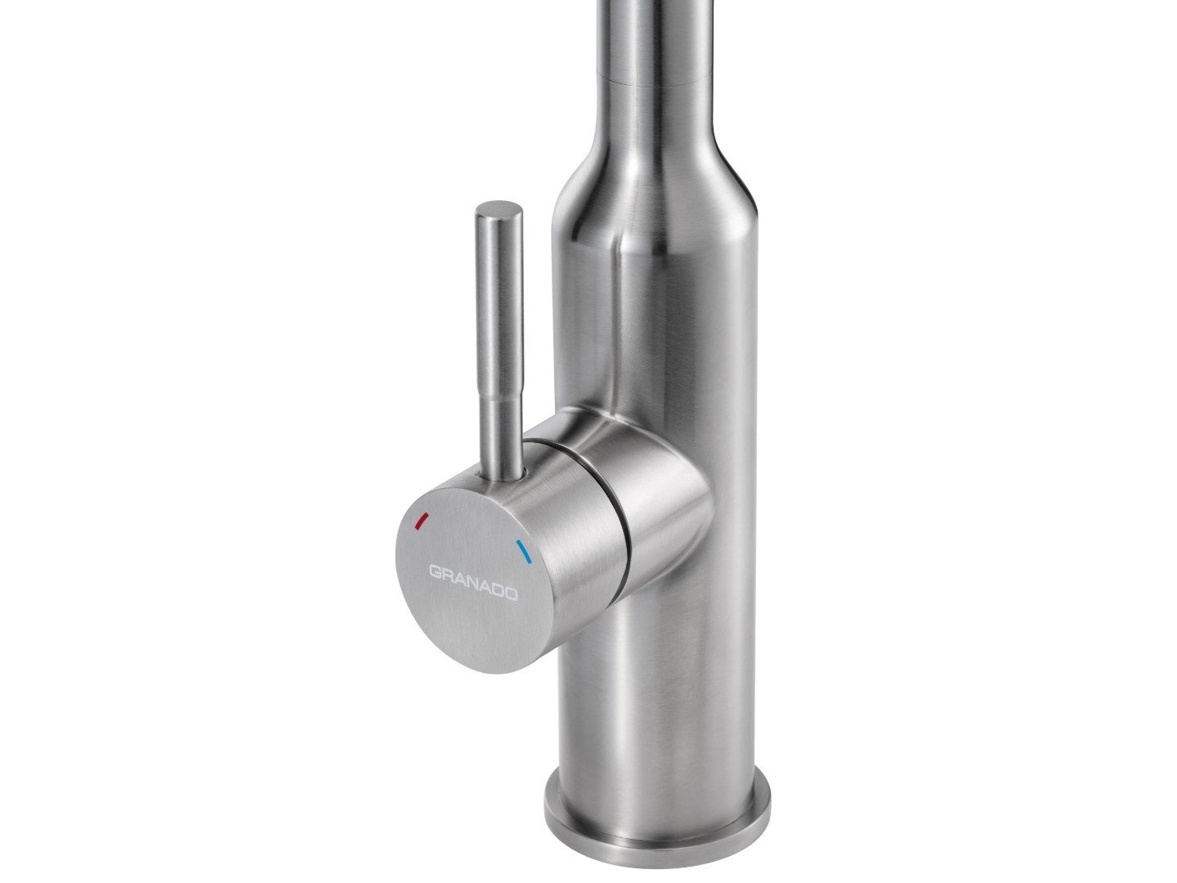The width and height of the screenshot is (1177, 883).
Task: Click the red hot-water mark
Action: coord(422,521)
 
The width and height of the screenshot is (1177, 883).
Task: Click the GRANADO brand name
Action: coord(473,582)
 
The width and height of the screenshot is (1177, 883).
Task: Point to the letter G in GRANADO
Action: coord(435,572)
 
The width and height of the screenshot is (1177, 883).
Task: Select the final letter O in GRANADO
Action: coord(511,592)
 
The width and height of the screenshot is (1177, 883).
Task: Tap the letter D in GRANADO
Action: coord(498,589)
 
